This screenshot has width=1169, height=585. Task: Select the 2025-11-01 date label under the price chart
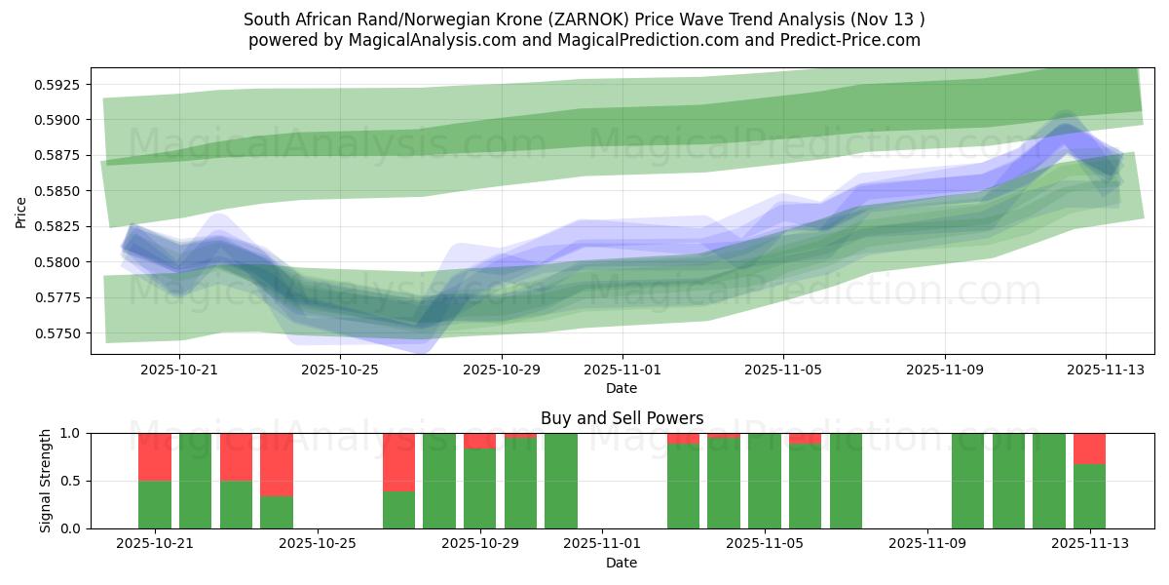[622, 370]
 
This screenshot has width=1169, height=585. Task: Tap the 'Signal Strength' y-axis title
[46, 481]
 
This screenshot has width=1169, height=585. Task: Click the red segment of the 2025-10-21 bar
[155, 457]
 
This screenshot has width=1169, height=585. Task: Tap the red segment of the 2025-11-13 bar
[1089, 448]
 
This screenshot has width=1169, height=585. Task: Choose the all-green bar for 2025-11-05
[764, 481]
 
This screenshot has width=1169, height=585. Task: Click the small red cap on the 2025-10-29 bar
[479, 441]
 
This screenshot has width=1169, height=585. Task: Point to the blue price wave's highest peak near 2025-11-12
[1064, 125]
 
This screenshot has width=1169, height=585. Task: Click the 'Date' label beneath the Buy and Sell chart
[622, 563]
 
